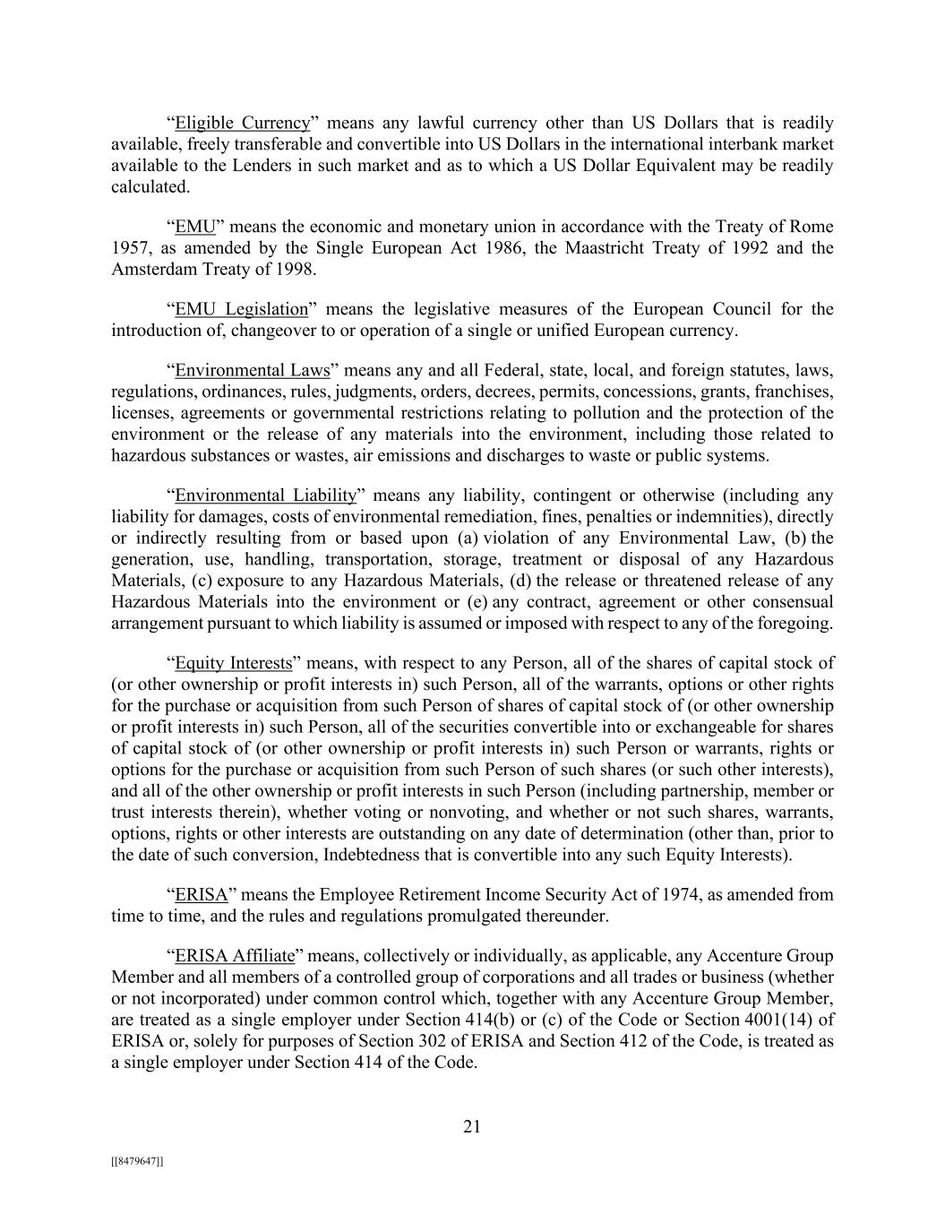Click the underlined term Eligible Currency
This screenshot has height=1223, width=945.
coord(243,123)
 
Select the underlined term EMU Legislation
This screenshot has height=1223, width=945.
coord(241,309)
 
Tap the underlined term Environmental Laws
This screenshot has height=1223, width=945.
coord(253,370)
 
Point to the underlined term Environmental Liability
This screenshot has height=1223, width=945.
coord(266,495)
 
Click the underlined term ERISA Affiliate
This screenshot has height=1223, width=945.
coord(235,956)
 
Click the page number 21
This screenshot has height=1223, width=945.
coord(472,1127)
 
